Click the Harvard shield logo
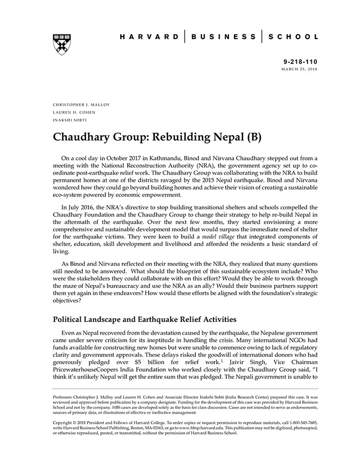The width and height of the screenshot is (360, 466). (62, 44)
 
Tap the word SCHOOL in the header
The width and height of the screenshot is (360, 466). (295, 37)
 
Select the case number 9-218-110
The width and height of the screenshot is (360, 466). (300, 61)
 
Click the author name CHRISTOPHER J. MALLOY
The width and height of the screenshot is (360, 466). (81, 104)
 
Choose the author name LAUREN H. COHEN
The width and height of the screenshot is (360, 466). (74, 113)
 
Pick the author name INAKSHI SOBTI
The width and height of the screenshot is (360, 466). (71, 121)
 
